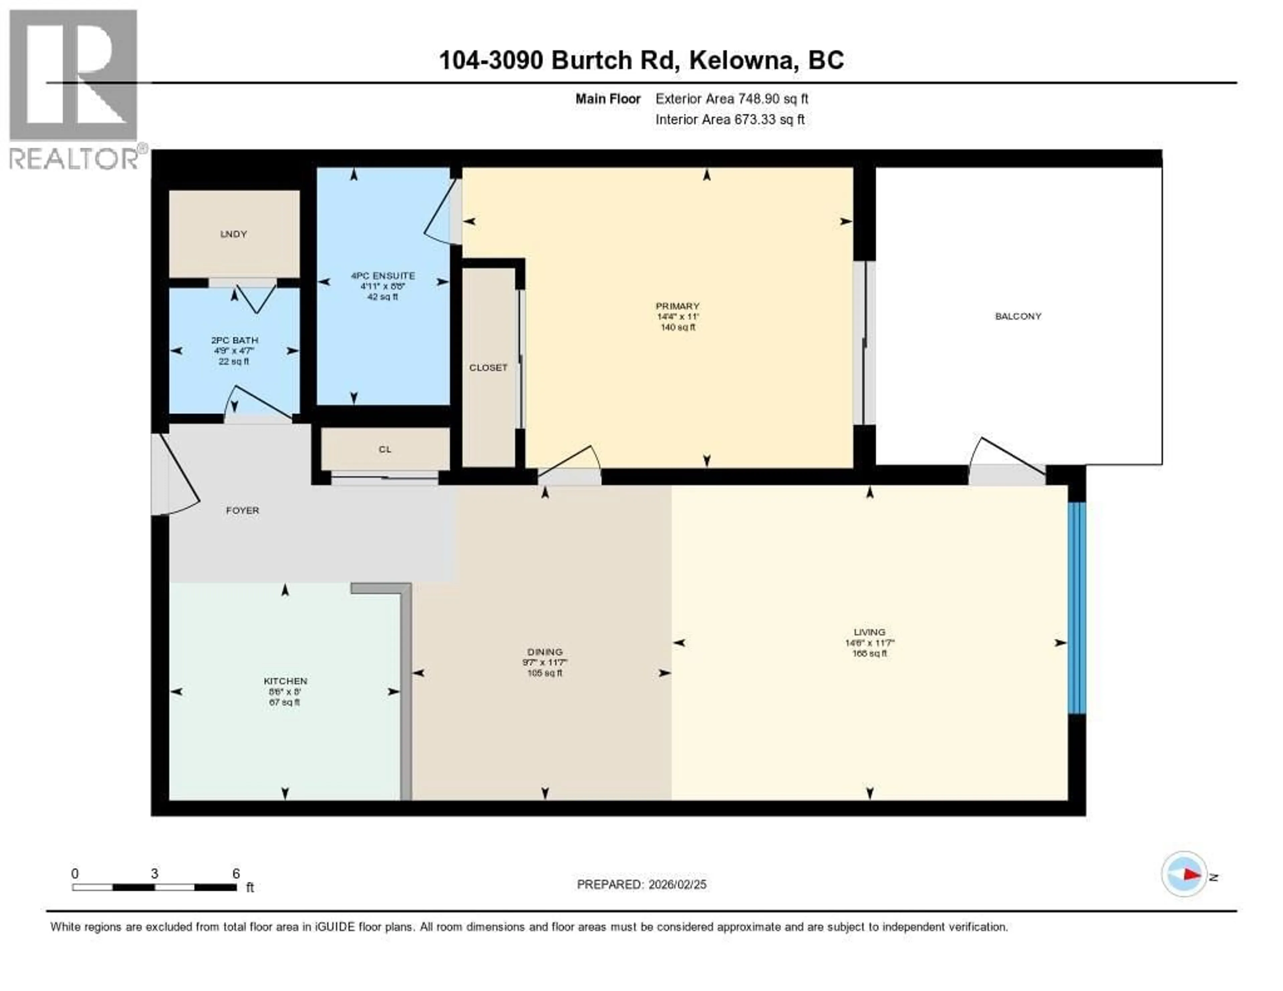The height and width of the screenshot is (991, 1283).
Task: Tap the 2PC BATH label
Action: (x=235, y=340)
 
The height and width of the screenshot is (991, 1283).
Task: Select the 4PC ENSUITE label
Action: (x=383, y=276)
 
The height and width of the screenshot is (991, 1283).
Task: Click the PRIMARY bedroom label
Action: (x=677, y=306)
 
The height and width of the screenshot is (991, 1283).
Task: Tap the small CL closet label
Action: (x=385, y=449)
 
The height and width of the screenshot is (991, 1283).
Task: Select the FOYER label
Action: (x=242, y=511)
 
